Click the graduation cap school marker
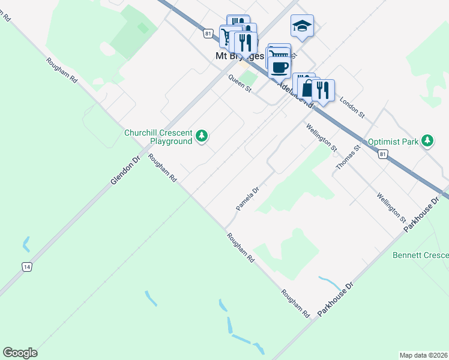click(302, 26)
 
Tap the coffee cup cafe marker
click(279, 65)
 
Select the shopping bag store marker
click(307, 89)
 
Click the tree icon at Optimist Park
click(427, 141)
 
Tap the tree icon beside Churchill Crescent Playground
click(203, 137)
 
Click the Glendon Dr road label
click(124, 170)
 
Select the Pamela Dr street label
click(247, 199)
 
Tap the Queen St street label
click(240, 82)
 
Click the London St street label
click(352, 106)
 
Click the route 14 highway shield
click(27, 267)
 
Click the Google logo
click(20, 353)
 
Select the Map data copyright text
click(423, 355)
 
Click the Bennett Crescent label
click(420, 255)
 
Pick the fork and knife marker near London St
click(323, 90)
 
